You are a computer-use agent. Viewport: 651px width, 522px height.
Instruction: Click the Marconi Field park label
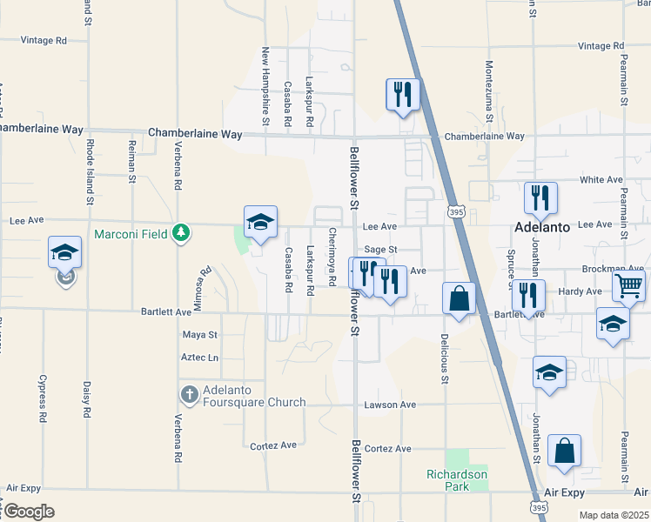pyautogui.click(x=132, y=232)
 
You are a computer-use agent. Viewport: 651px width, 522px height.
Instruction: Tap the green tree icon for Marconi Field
pyautogui.click(x=180, y=232)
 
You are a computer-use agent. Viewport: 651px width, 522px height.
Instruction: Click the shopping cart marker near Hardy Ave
pyautogui.click(x=628, y=285)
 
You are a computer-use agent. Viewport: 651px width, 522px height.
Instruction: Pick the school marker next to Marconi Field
pyautogui.click(x=260, y=223)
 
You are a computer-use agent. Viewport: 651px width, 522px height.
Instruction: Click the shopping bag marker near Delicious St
pyautogui.click(x=460, y=300)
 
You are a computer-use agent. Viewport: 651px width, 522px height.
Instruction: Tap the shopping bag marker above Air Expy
pyautogui.click(x=565, y=452)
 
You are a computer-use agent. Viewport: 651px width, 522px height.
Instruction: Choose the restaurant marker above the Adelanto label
pyautogui.click(x=540, y=199)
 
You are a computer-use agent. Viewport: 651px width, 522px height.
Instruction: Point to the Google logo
pyautogui.click(x=28, y=511)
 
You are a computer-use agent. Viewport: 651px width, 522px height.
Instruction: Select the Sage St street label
pyautogui.click(x=380, y=250)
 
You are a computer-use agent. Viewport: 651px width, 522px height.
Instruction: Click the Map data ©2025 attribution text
pyautogui.click(x=614, y=515)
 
